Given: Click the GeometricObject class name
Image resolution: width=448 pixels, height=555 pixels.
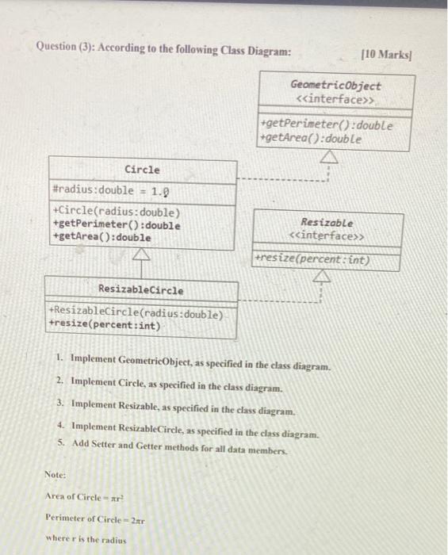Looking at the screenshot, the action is coord(335,86).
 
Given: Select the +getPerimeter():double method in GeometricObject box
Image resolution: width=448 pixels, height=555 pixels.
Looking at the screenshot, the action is coord(326,125).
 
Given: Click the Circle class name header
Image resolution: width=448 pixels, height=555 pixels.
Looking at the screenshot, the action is coord(142,170).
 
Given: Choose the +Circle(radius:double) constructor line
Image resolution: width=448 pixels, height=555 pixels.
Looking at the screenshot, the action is coord(116,212).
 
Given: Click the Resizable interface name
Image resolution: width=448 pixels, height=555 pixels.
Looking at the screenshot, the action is coord(327,224).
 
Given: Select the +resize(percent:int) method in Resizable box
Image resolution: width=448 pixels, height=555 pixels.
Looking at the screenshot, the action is coord(313,259).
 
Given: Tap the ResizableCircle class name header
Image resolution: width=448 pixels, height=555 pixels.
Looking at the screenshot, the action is coord(140,290).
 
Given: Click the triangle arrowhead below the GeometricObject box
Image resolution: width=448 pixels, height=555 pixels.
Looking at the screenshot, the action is coord(327,159).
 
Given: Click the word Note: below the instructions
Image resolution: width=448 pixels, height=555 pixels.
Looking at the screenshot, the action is coord(55,476).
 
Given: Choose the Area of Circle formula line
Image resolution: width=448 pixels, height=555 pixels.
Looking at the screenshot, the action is coord(85,498).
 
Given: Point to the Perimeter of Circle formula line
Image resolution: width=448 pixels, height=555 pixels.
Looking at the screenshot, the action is coord(94,520).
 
